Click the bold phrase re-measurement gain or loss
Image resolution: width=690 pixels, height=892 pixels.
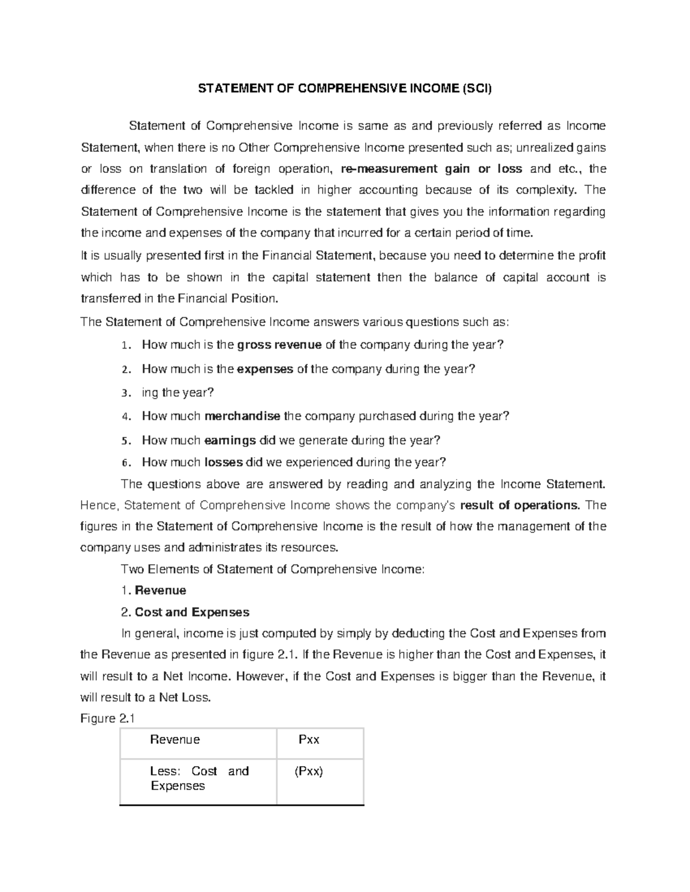431,169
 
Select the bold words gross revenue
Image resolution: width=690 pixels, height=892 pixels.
279,345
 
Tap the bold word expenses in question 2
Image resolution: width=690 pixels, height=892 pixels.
265,369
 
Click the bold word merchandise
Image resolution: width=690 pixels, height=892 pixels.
243,416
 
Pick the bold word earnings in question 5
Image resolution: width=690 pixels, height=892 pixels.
231,441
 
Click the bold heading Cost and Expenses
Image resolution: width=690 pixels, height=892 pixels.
192,612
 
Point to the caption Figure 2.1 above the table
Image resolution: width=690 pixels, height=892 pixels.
107,719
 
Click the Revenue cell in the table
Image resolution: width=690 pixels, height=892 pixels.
175,740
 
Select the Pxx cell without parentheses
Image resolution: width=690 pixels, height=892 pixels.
309,740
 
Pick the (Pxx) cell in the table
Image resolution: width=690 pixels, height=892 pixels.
309,771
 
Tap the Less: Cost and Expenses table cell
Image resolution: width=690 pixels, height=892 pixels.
199,778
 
